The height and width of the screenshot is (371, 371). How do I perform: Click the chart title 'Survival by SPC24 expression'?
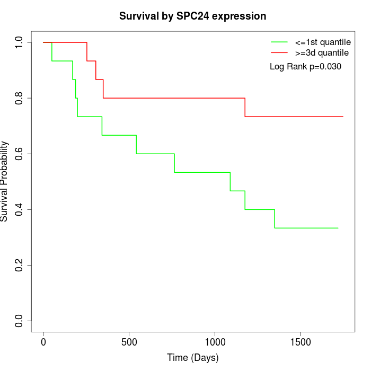coord(192,16)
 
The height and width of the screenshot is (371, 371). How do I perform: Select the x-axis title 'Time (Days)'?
coord(192,358)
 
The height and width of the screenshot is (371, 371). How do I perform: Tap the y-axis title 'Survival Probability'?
coord(5,181)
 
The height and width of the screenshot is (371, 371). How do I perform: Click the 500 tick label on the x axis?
coord(129,342)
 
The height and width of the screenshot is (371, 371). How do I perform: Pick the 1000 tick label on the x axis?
coord(215,342)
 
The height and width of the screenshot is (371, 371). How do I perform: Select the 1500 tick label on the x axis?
coord(301,342)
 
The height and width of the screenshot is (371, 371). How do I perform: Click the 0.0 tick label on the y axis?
coord(19,321)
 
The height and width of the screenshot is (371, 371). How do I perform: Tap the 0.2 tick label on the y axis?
coord(19,265)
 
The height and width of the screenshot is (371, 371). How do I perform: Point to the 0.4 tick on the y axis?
coord(19,209)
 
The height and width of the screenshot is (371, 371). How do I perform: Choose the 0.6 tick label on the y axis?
coord(19,154)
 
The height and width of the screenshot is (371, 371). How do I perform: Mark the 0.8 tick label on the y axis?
coord(19,98)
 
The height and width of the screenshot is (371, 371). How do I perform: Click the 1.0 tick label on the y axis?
coord(19,42)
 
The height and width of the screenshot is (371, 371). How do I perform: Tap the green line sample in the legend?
coord(279,42)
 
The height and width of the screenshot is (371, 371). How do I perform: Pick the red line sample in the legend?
coord(279,52)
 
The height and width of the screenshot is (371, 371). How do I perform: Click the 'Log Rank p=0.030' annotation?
coord(305,66)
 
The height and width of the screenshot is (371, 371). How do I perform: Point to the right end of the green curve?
coord(338,228)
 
